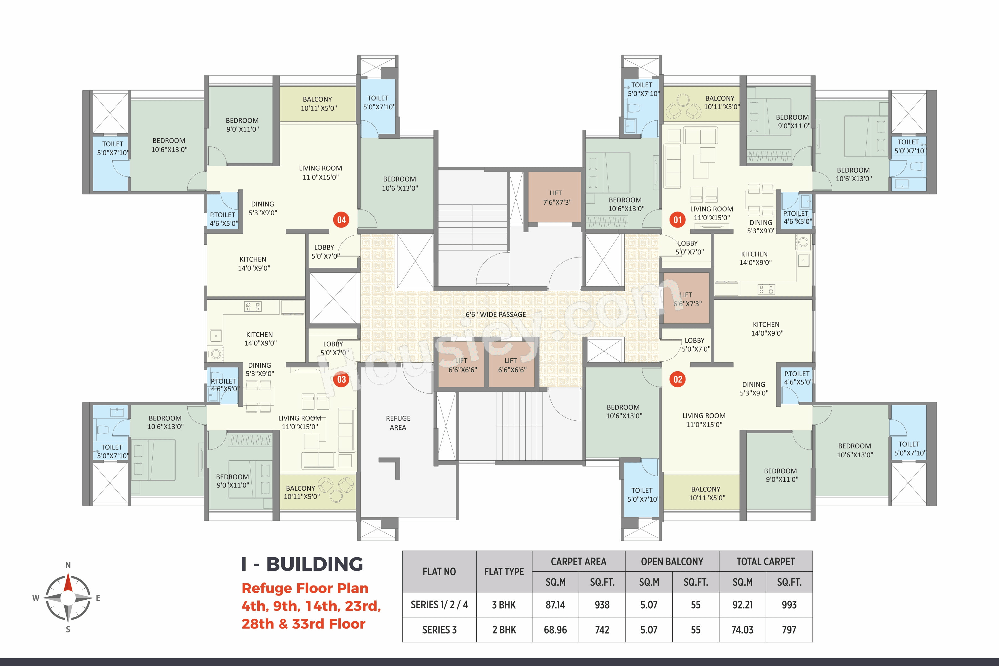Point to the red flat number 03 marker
point(342,379)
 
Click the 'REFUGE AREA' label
point(398,423)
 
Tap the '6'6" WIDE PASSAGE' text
point(496,314)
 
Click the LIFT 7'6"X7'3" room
point(554,197)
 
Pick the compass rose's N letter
point(68,565)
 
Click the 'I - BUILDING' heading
point(302,564)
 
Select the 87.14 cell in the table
point(555,604)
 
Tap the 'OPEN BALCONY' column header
point(672,561)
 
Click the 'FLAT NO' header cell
point(439,572)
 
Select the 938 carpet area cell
point(602,604)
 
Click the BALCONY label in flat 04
point(317,99)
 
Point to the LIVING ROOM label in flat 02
point(704,415)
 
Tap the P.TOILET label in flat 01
point(796,213)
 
